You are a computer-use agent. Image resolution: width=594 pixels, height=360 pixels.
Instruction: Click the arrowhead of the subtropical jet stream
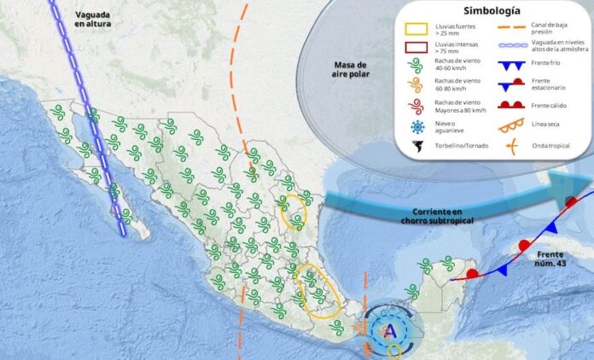pyautogui.click(x=580, y=183)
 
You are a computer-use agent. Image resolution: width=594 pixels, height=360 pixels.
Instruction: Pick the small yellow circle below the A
pyautogui.click(x=393, y=350)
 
